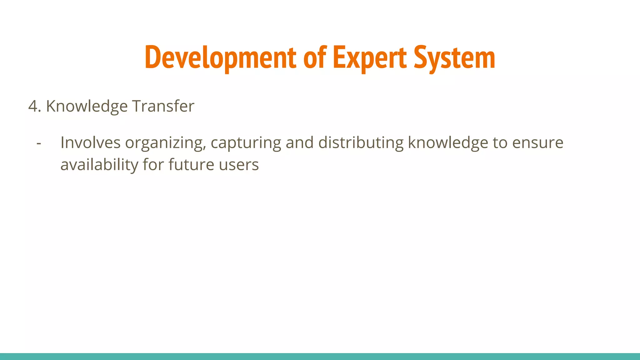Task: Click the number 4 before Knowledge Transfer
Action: (x=33, y=106)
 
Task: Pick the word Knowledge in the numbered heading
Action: (x=87, y=106)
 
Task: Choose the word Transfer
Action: (x=163, y=106)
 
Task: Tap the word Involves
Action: (x=90, y=143)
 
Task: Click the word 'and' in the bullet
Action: (x=300, y=143)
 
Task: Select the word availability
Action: (x=99, y=165)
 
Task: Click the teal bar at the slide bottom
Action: (x=320, y=356)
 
